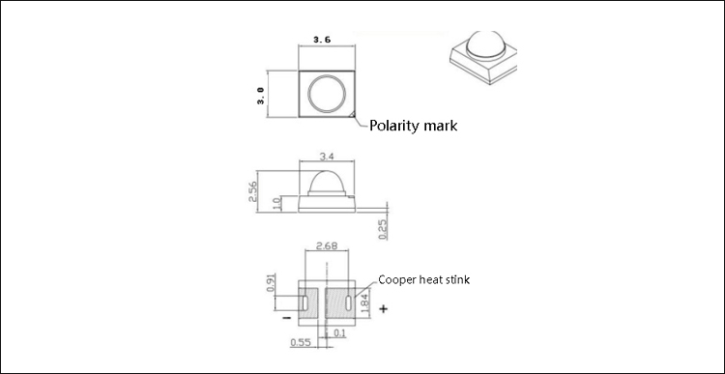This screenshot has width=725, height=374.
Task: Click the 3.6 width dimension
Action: [322, 40]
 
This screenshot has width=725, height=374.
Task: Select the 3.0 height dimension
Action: [261, 96]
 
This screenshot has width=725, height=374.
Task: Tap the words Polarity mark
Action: [413, 126]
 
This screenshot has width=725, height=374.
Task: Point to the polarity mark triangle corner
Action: [352, 114]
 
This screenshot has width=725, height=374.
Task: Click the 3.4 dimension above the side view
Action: [327, 157]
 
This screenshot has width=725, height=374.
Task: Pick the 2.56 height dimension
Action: [252, 191]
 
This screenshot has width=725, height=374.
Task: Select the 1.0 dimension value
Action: [277, 204]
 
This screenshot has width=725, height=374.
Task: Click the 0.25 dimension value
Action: [383, 229]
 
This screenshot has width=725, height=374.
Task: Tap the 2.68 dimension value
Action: [326, 245]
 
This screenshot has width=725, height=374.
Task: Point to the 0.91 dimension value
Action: [272, 282]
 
